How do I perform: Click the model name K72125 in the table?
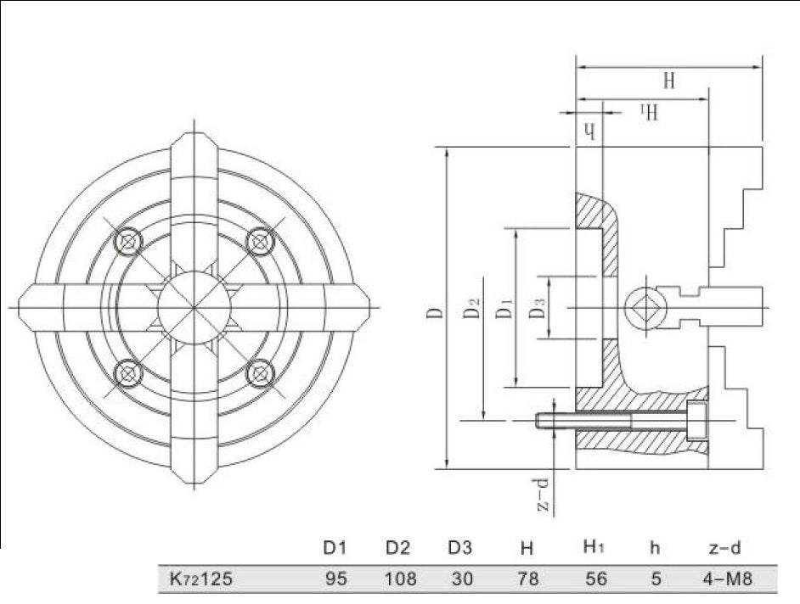[x=196, y=580]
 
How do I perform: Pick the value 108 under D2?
[x=401, y=580]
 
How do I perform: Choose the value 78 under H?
[x=527, y=580]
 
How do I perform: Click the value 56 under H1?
[x=597, y=580]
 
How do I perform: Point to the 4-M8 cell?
[x=726, y=580]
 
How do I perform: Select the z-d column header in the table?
[x=726, y=548]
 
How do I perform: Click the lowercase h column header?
[x=654, y=548]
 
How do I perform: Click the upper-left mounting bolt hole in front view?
[x=127, y=241]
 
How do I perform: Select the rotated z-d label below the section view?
[x=544, y=495]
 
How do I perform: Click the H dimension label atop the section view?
[x=668, y=81]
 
